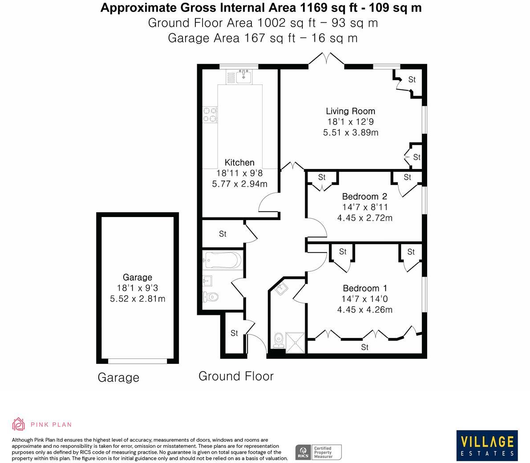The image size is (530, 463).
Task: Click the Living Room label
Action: (x=350, y=111)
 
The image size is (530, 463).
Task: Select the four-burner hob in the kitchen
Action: (x=210, y=115)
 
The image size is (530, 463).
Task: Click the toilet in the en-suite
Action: (x=279, y=340)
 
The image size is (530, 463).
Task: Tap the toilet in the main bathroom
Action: (x=210, y=296)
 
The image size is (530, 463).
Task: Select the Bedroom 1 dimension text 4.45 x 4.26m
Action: (x=364, y=310)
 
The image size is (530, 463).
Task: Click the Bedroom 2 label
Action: (x=364, y=196)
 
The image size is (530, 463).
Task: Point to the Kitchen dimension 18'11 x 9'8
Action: (x=239, y=173)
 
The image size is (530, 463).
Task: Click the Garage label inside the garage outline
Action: (x=138, y=277)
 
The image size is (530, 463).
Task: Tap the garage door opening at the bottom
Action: (x=138, y=361)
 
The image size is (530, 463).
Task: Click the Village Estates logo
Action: (x=487, y=445)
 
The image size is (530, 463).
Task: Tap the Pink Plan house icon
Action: (x=18, y=424)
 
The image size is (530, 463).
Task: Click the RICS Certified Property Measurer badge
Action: (x=319, y=452)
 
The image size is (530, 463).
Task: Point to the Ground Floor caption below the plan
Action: (x=236, y=376)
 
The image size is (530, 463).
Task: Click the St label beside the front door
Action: (x=234, y=333)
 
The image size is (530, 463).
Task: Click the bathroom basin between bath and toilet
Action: (x=207, y=281)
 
